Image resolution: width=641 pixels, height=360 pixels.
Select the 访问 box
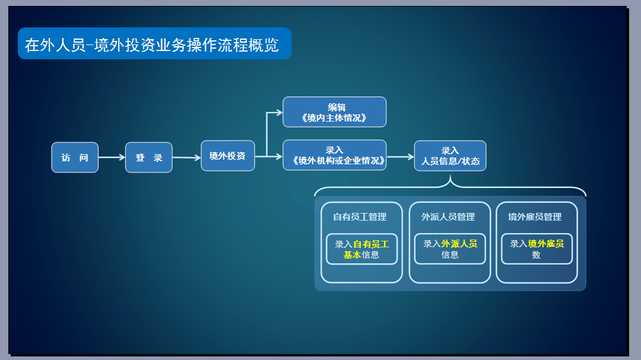75,158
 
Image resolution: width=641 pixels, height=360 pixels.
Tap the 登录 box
149,158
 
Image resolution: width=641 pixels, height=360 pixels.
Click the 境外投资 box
227,156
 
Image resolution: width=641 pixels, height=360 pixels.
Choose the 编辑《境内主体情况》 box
334,112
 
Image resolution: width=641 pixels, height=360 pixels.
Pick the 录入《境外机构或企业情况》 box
334,155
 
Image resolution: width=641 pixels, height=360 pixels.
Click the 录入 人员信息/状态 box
450,155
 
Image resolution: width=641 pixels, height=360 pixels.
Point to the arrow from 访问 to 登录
112,158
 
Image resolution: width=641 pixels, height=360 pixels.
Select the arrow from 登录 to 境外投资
186,158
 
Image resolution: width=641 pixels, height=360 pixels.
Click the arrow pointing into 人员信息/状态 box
400,157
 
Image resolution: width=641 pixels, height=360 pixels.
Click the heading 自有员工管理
360,217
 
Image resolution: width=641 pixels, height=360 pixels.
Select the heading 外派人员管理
448,217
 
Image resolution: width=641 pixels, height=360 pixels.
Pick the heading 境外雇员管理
535,217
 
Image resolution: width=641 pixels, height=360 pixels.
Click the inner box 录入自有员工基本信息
361,249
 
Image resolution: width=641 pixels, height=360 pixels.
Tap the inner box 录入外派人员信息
450,249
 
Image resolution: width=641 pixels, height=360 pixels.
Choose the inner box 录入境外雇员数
537,249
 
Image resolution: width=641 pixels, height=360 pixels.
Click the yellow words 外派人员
459,244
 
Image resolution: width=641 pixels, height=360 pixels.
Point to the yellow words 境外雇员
546,244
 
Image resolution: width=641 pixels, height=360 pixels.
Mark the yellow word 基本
352,255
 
